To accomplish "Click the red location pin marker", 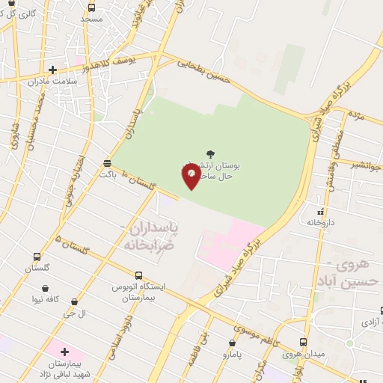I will (x=191, y=175).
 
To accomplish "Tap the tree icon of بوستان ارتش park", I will (x=209, y=153).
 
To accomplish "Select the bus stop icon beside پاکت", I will (x=108, y=162).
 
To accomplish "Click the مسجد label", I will (x=92, y=17).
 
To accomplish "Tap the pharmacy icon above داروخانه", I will (x=320, y=212).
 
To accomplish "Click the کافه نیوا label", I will (x=46, y=298).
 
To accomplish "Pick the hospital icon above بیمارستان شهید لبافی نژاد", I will (x=64, y=352).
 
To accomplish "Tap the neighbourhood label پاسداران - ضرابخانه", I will (x=150, y=234).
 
